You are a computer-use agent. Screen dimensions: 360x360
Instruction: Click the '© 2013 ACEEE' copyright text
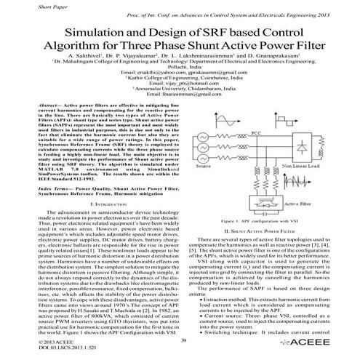[26, 340]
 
